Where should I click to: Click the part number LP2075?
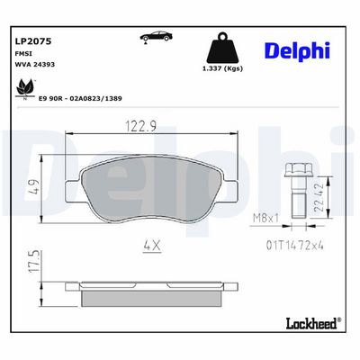33,41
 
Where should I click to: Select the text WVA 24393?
34,64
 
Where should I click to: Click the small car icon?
156,37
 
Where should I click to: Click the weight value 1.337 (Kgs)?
222,68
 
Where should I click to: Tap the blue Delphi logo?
298,50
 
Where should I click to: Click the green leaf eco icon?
24,89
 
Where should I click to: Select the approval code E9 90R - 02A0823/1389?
80,98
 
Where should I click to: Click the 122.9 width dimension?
140,126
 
